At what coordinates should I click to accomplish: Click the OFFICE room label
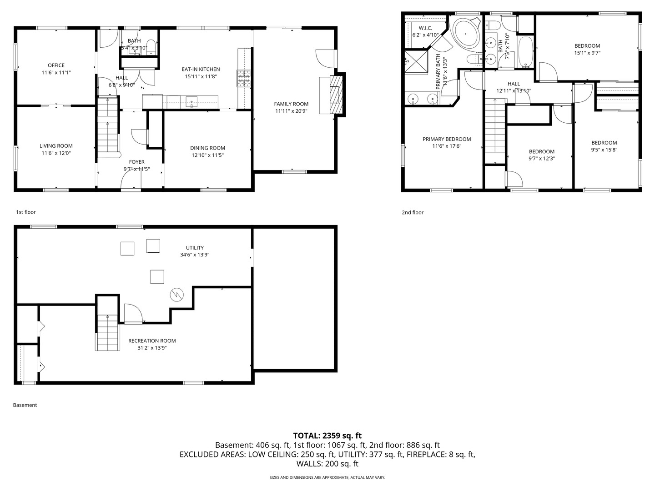tap(56, 65)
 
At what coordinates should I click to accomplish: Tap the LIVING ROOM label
tap(56, 146)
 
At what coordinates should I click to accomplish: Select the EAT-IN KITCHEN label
tap(201, 69)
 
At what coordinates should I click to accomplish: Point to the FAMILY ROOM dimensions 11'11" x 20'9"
tap(291, 111)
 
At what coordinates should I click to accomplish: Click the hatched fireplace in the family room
tap(336, 95)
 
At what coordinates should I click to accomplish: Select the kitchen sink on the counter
tap(191, 101)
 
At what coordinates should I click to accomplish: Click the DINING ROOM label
tap(208, 148)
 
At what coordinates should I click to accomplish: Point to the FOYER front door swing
tap(131, 180)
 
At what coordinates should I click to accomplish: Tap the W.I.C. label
tap(425, 28)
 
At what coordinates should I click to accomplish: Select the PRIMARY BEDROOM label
tap(447, 139)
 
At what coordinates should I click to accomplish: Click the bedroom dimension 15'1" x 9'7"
tap(587, 53)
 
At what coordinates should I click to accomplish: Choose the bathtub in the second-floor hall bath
tap(526, 52)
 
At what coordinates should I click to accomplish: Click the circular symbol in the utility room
tap(176, 295)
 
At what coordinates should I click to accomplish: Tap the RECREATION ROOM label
tap(152, 341)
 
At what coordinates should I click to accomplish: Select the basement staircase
tap(107, 332)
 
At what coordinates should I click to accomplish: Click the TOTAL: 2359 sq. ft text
tap(327, 436)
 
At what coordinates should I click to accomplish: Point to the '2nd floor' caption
tap(413, 212)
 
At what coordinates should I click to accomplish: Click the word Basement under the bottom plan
tap(25, 405)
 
